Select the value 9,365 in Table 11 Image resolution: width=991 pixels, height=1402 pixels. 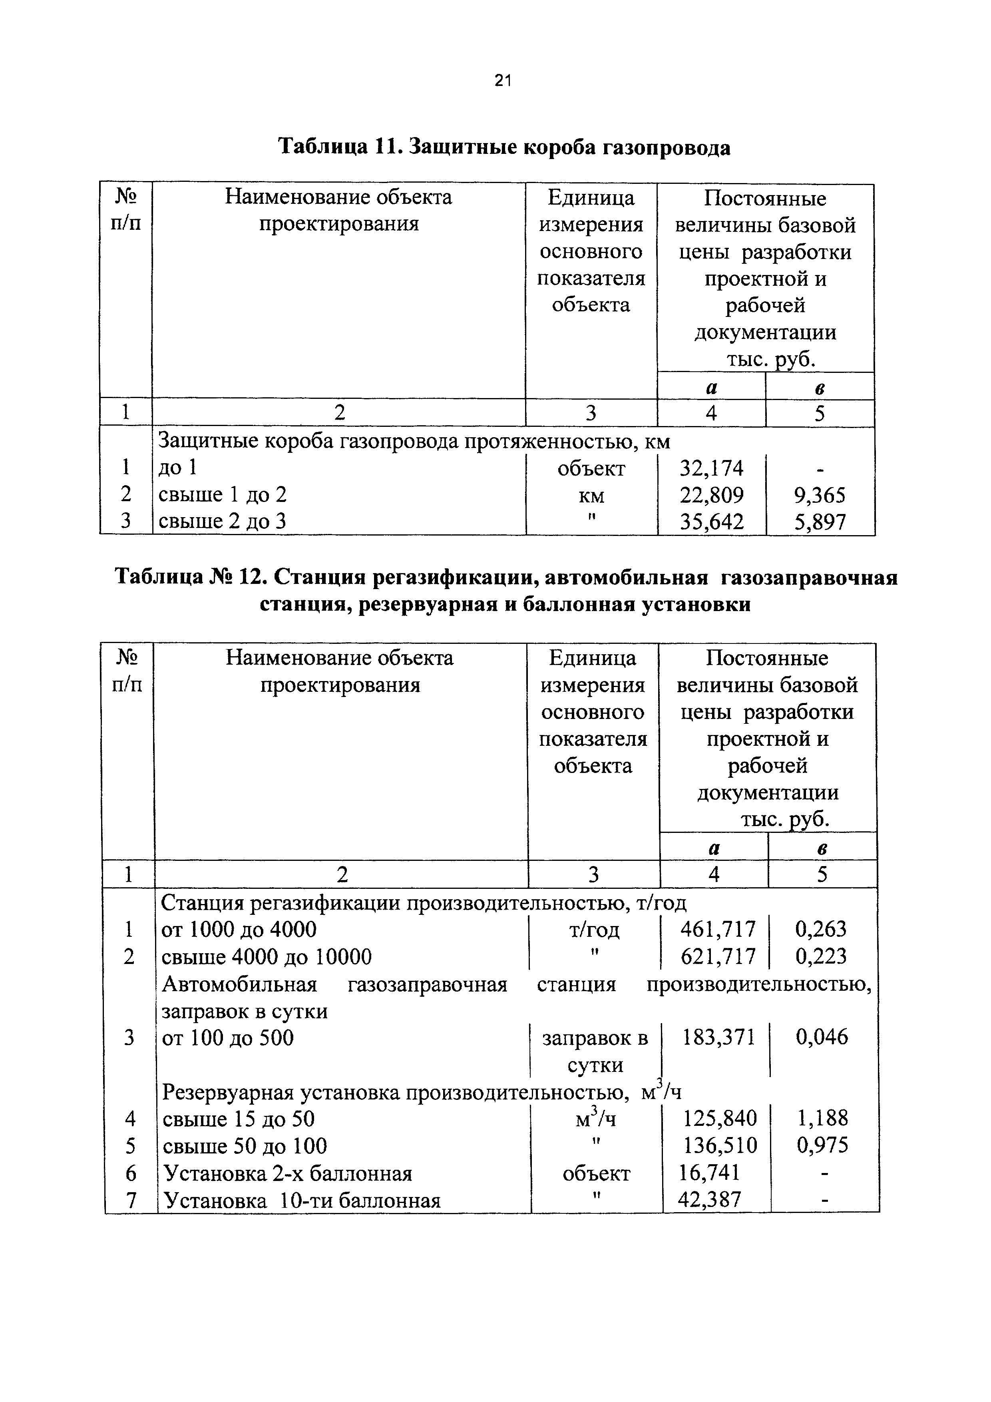click(x=820, y=495)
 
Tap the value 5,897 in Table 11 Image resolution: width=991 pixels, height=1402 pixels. click(x=820, y=522)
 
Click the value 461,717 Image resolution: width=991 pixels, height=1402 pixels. click(x=718, y=929)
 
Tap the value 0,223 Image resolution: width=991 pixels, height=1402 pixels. click(x=821, y=956)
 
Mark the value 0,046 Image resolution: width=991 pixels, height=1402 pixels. click(x=821, y=1037)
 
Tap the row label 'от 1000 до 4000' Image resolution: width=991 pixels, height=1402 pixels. click(x=239, y=929)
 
